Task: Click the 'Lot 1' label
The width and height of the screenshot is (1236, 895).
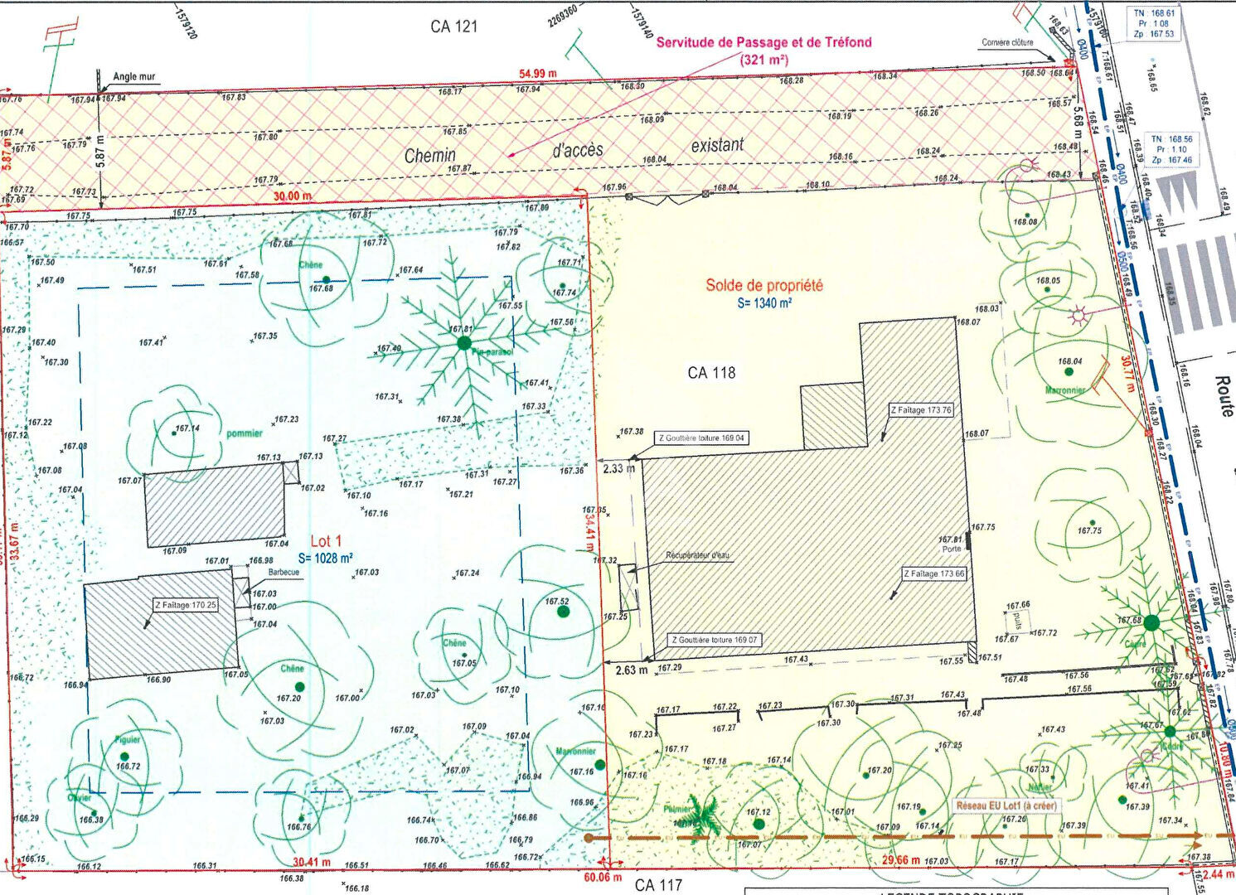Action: click(x=326, y=541)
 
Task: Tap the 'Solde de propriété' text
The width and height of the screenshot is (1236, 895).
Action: click(x=763, y=285)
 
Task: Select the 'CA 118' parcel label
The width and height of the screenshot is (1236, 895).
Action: click(x=711, y=373)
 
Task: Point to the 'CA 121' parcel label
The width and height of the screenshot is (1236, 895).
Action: click(x=453, y=27)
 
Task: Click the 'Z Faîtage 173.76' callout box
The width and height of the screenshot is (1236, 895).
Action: click(x=921, y=410)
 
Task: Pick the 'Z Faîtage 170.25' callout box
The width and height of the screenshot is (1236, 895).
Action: click(x=185, y=605)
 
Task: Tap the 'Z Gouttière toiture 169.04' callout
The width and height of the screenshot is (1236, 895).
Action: click(x=701, y=438)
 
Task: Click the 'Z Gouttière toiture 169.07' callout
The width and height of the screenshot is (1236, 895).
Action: click(x=715, y=640)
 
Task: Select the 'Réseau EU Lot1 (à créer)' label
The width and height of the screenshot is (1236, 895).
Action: click(x=1006, y=805)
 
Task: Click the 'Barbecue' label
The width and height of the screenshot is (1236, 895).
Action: click(x=283, y=573)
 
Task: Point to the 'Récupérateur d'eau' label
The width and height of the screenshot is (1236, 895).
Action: click(x=697, y=555)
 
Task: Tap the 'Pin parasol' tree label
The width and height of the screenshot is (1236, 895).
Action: click(x=492, y=352)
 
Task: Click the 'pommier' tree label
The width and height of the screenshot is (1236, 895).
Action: click(x=244, y=433)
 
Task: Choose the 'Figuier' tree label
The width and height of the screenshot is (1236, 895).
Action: click(x=128, y=739)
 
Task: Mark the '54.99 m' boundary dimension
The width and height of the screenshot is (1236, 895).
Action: click(x=538, y=74)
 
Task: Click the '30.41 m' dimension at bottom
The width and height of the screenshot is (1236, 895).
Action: click(x=311, y=862)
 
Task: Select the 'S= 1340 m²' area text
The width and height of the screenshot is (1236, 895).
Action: click(x=764, y=303)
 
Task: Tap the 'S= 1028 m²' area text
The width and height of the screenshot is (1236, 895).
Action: click(x=326, y=559)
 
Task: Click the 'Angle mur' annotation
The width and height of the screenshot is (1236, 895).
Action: click(x=133, y=76)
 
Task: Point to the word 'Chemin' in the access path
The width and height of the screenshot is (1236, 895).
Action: click(x=429, y=155)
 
